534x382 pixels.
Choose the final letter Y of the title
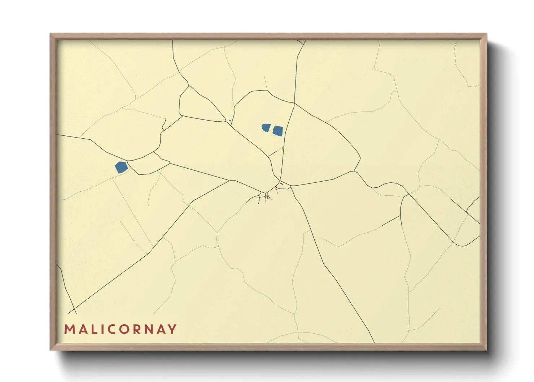pyautogui.click(x=173, y=329)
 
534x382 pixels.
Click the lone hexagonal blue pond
pyautogui.click(x=121, y=167)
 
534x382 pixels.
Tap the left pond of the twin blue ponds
pyautogui.click(x=266, y=127)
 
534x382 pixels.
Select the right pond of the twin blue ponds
pyautogui.click(x=277, y=131)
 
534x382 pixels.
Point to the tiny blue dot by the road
pyautogui.click(x=230, y=121)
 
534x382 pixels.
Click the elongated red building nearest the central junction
pyautogui.click(x=281, y=184)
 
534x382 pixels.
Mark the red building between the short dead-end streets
pyautogui.click(x=267, y=197)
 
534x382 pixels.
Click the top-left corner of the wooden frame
pyautogui.click(x=51, y=34)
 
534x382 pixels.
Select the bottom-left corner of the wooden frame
pyautogui.click(x=51, y=350)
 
